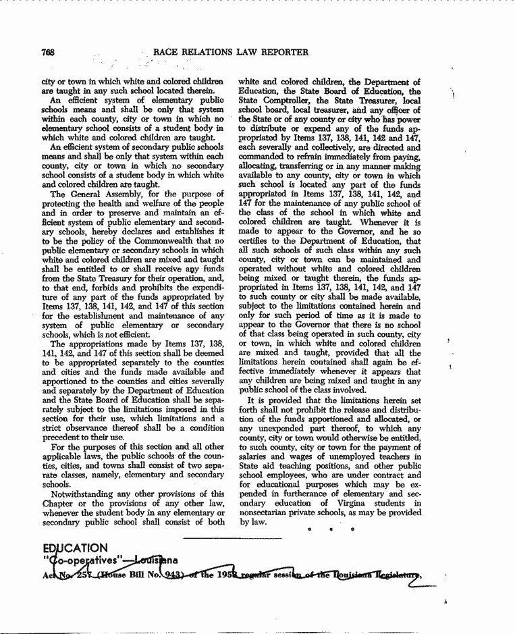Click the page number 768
tap(48, 52)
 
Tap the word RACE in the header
tap(166, 52)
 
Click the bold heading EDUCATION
tap(74, 548)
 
